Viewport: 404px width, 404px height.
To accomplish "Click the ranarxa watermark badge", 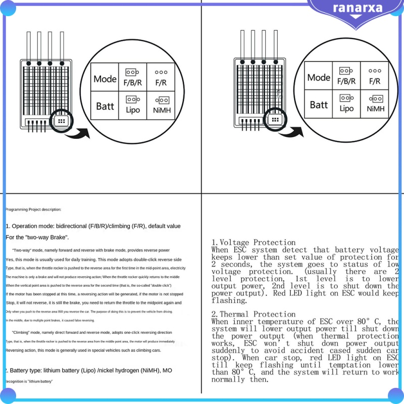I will (356, 9).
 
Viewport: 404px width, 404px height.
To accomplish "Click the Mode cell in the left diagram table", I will (105, 79).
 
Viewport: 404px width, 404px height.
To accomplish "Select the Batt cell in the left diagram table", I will (105, 106).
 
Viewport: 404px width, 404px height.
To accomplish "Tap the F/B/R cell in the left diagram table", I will (133, 77).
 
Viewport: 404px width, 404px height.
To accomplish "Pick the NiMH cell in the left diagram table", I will (161, 105).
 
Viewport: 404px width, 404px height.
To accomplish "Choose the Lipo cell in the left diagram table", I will (133, 105).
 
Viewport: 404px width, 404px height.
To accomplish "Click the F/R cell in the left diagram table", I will (161, 77).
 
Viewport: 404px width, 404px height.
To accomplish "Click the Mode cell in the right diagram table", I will (319, 77).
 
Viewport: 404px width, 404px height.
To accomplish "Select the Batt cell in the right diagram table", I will (319, 105).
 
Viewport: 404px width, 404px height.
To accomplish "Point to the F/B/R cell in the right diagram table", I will (346, 76).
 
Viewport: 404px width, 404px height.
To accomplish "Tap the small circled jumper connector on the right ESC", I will (275, 120).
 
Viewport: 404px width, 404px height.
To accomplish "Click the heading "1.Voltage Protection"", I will (254, 242).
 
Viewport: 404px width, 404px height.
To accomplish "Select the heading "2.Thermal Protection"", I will (254, 314).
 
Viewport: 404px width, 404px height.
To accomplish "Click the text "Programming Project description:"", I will (33, 209).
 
